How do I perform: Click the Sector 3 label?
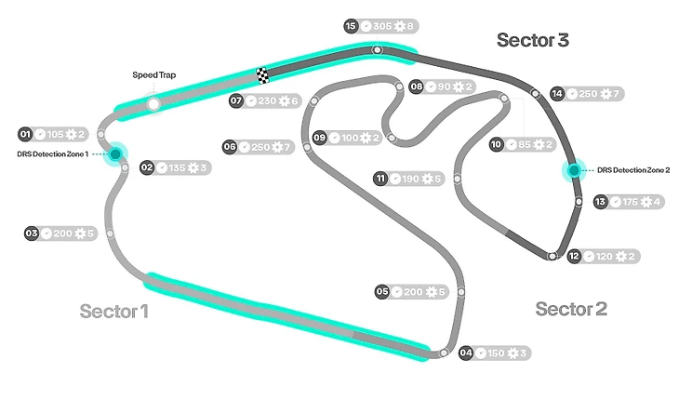(x=532, y=40)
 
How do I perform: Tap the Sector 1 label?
(x=113, y=311)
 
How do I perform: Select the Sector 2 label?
(x=571, y=309)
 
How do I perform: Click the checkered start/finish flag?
(x=262, y=75)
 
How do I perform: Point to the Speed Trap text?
(x=154, y=76)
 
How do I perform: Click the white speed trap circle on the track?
(x=153, y=103)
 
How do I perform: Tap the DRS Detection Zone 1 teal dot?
(x=116, y=153)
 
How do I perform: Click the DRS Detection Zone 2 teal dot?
(x=574, y=170)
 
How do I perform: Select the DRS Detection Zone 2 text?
(x=633, y=170)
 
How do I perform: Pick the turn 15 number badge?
(x=351, y=26)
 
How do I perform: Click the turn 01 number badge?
(x=25, y=134)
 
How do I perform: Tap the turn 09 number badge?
(x=319, y=138)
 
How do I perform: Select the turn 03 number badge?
(x=31, y=233)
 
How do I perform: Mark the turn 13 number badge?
(x=601, y=202)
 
